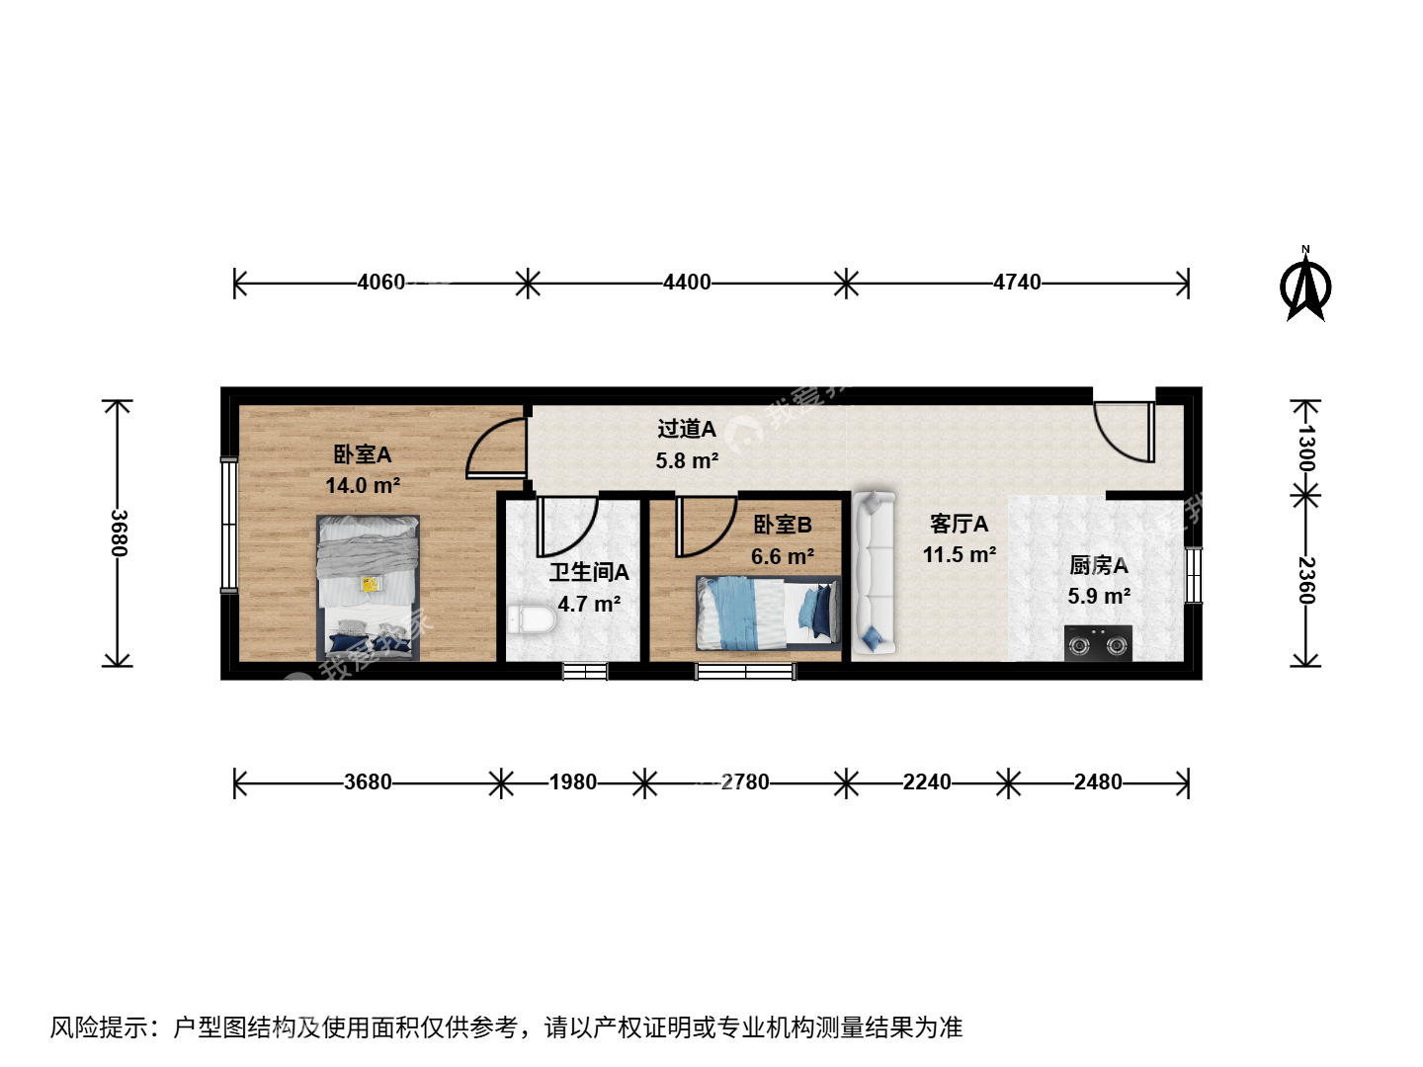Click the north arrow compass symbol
point(1305,286)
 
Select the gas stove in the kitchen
point(1098,643)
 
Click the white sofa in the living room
point(874,572)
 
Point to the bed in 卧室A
point(368,588)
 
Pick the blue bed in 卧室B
point(769,613)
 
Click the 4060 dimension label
point(381,283)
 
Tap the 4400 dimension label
point(687,283)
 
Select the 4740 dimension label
point(1017,283)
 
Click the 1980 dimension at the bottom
point(573,782)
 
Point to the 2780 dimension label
point(745,782)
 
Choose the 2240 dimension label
point(927,782)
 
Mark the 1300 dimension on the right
point(1305,449)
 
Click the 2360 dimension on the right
point(1305,581)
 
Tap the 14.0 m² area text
point(363,485)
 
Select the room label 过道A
point(687,429)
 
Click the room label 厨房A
point(1099,565)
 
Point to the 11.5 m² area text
point(960,554)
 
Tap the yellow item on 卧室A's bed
point(371,584)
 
